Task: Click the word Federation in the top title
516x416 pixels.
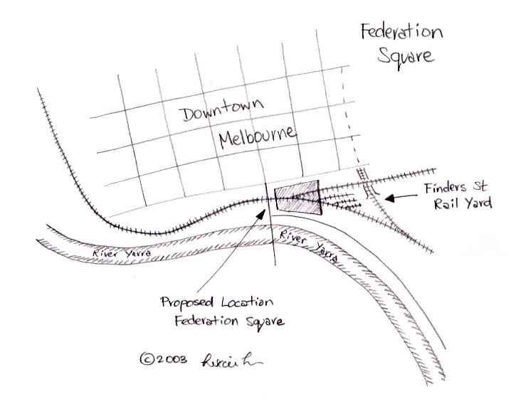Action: click(x=401, y=33)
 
